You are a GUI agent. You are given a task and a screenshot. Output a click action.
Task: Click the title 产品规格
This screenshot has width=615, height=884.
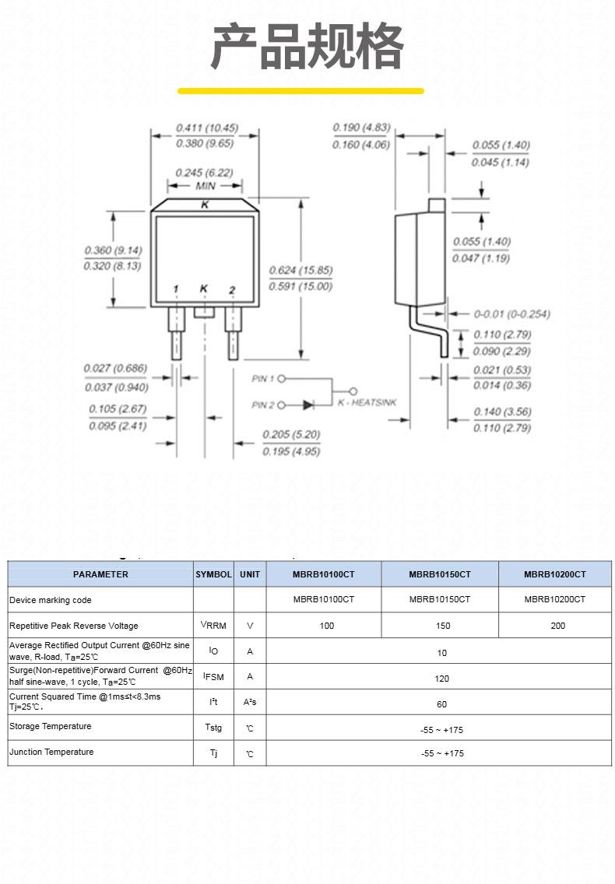[307, 47]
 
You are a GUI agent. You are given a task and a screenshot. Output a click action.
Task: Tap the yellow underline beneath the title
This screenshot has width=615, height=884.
[300, 91]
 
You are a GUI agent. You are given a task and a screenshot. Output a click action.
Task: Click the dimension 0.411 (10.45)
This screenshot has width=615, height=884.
[207, 128]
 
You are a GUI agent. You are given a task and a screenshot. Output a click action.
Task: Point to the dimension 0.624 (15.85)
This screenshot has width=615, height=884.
[300, 270]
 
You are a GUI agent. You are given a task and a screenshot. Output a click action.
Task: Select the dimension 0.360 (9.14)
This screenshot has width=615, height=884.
[114, 251]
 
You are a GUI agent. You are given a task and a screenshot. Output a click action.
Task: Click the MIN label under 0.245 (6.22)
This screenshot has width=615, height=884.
[206, 186]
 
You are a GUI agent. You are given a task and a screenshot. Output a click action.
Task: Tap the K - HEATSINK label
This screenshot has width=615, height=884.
[367, 402]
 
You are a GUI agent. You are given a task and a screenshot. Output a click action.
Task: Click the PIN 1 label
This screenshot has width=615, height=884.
[263, 378]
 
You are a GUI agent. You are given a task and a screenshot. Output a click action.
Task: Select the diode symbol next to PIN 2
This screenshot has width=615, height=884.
[308, 405]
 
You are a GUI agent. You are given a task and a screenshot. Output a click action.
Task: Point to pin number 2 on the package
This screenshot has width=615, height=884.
[232, 289]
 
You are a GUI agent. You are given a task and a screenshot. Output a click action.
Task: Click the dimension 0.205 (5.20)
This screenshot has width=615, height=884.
[291, 435]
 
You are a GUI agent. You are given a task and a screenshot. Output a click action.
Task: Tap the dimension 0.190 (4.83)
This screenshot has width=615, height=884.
[362, 128]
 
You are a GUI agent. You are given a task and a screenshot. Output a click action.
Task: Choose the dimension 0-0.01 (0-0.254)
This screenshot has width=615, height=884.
[511, 314]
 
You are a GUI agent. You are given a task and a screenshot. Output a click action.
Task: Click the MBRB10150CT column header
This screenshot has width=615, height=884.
[440, 574]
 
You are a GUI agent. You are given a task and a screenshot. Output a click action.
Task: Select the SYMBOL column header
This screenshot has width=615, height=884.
[213, 574]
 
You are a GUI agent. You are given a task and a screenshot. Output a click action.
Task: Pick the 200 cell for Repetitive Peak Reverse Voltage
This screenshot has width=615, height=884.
[558, 626]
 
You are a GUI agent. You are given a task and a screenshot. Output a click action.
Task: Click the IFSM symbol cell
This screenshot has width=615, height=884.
[213, 676]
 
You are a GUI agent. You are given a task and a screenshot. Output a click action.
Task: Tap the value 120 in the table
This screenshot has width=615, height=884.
[441, 679]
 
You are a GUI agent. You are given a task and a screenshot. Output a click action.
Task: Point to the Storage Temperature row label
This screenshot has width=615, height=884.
[51, 726]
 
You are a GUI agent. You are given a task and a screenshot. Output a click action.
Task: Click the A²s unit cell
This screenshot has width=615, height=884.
[250, 702]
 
